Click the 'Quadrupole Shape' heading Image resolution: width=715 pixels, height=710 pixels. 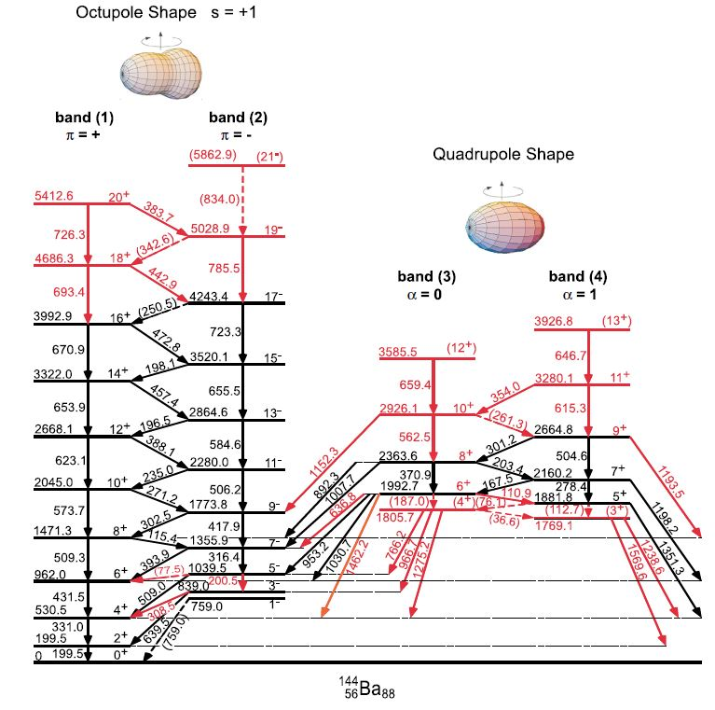[x=502, y=154]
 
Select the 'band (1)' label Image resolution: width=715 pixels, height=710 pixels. [x=84, y=118]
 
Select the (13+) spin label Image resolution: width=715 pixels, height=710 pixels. [x=614, y=322]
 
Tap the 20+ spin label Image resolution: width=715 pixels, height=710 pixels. [x=118, y=198]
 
